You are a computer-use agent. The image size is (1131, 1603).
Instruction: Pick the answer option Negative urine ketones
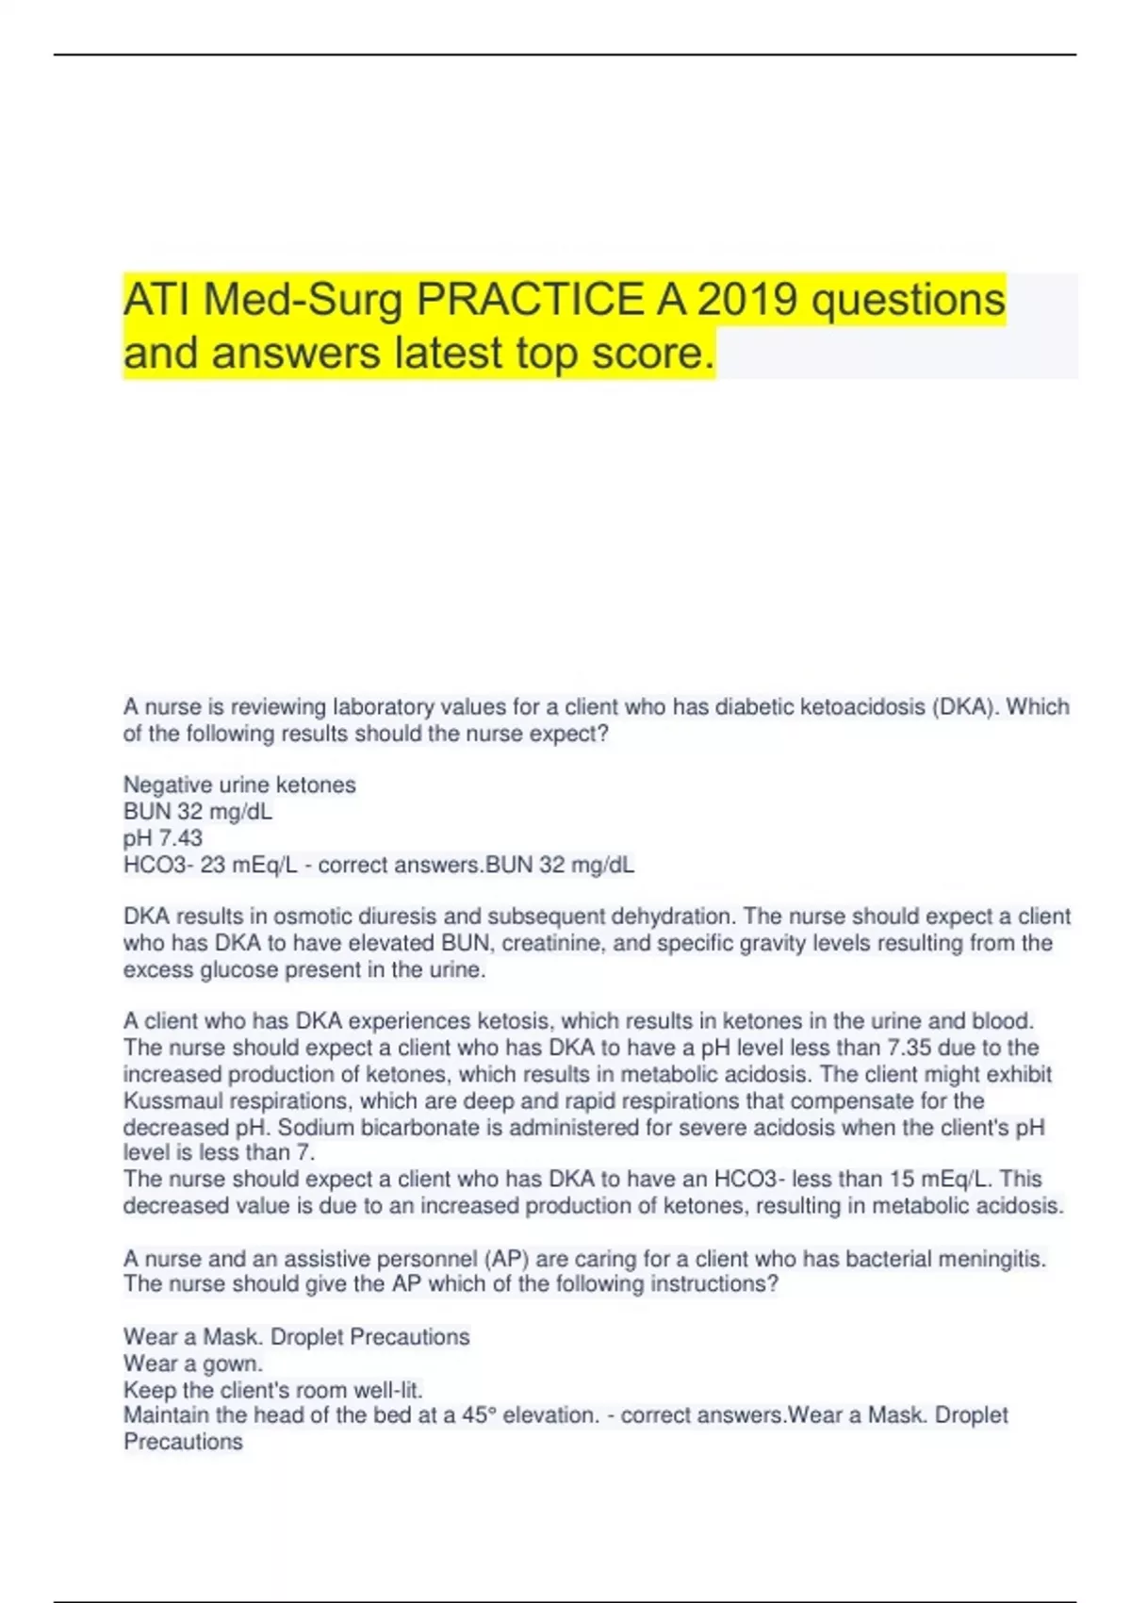coord(239,785)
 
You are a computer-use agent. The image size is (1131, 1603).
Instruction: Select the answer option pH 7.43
coord(163,837)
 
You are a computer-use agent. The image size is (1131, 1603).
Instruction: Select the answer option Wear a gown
coord(193,1363)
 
